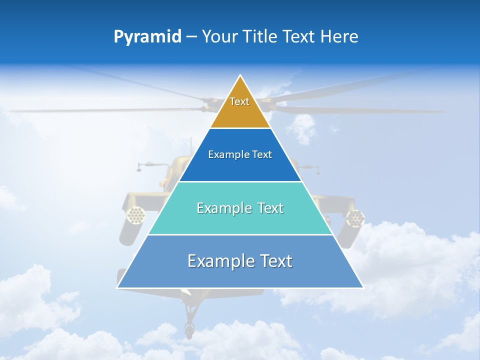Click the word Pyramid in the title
click(147, 37)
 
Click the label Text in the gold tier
click(239, 101)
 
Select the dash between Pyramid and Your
click(191, 37)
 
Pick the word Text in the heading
click(299, 37)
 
